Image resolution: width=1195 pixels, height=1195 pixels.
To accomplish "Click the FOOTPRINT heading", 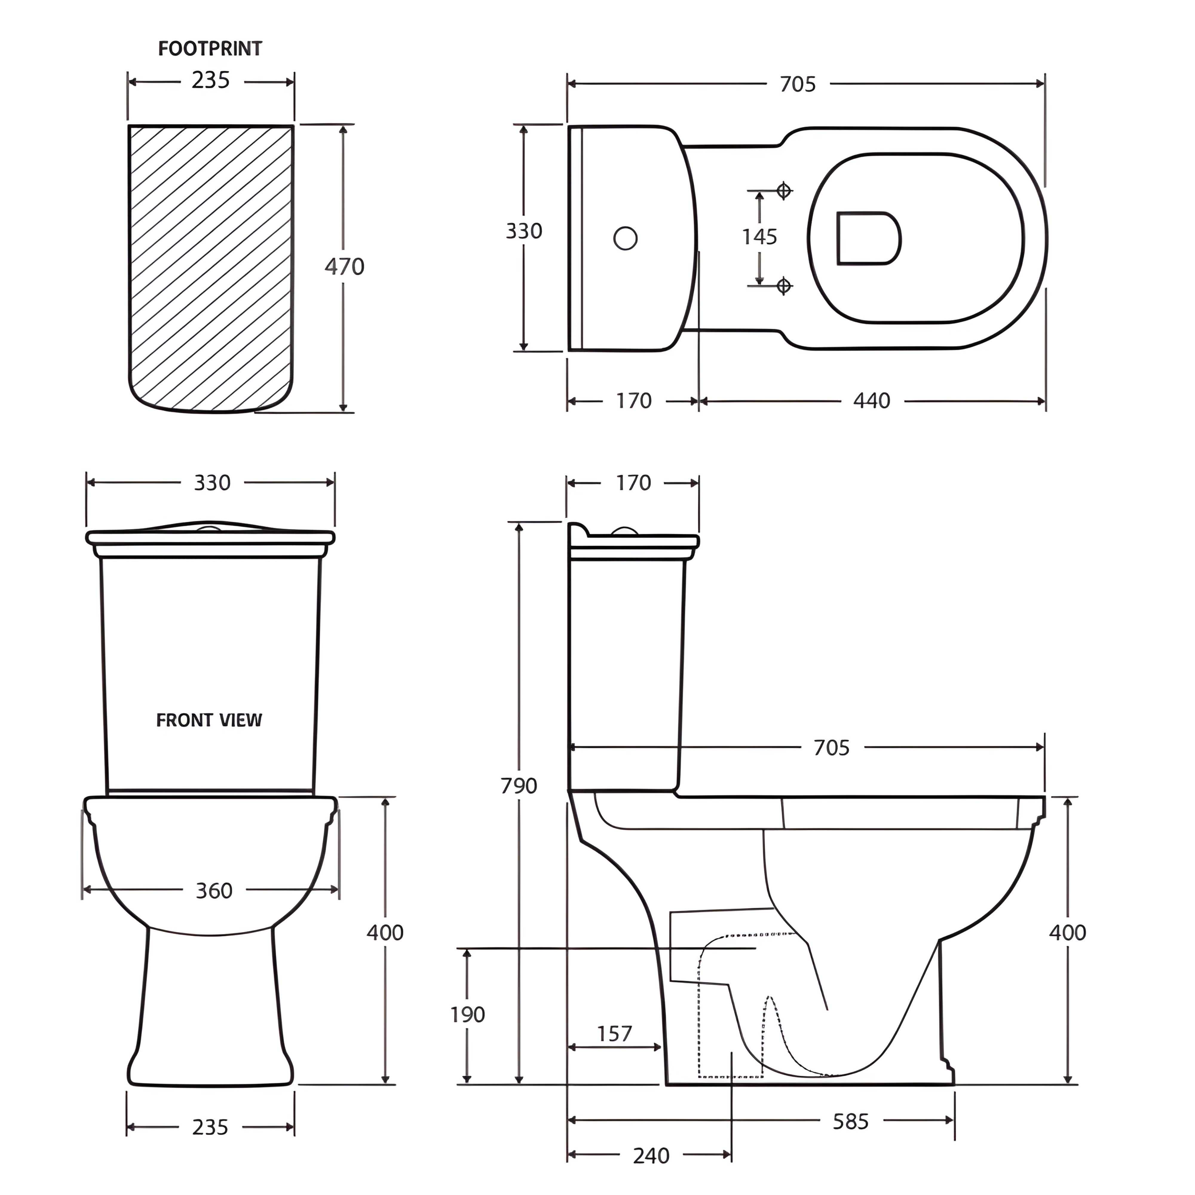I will click(210, 49).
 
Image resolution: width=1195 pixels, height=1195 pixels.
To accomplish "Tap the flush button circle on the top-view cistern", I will click(625, 238).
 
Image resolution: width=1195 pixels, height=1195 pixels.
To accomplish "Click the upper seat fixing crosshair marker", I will click(784, 191).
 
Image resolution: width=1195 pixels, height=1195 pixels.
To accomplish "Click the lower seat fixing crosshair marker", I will click(784, 286).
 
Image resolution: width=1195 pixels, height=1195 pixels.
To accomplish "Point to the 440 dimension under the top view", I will click(871, 401).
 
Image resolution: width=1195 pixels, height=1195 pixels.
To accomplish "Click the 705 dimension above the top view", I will click(797, 84).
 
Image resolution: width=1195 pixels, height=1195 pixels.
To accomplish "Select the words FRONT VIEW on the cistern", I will click(209, 720).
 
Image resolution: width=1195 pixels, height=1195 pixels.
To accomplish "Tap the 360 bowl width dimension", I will click(214, 891).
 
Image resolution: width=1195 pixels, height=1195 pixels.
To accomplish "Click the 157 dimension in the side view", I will click(614, 1034).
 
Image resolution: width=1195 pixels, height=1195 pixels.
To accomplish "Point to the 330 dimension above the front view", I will click(212, 483).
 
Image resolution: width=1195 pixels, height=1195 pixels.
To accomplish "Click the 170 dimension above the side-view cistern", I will click(633, 483).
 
